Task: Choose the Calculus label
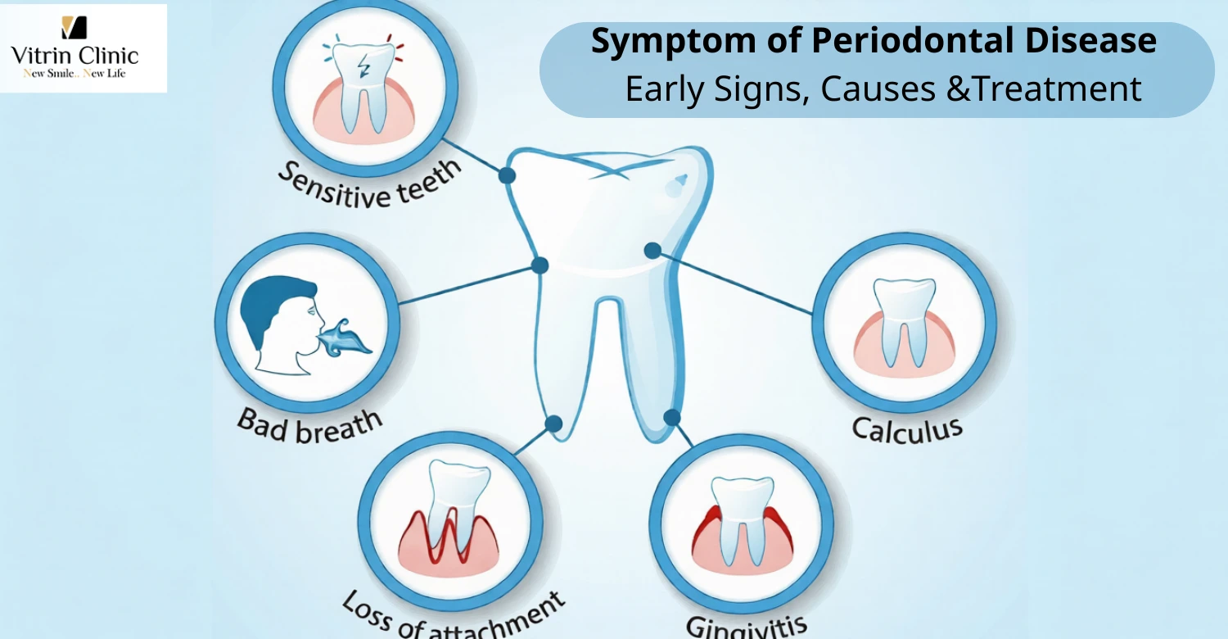tap(906, 428)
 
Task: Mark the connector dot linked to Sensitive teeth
tap(507, 174)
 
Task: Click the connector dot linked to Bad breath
tap(540, 265)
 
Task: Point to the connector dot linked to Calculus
tap(652, 251)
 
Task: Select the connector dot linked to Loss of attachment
tap(553, 424)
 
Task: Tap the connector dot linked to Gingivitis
tap(672, 418)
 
